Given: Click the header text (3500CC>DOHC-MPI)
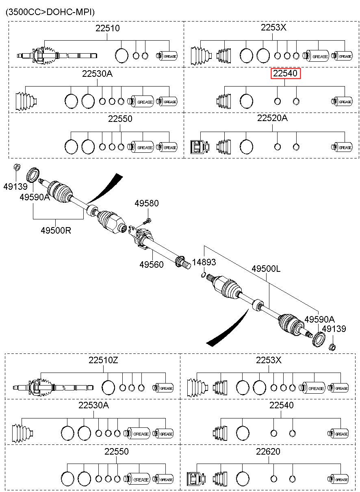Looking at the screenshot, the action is point(50,12).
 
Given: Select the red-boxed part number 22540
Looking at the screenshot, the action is point(285,74).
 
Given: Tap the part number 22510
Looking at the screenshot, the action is point(107,28).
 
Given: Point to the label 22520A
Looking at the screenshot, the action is point(272,118).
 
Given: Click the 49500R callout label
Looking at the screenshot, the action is point(56,230).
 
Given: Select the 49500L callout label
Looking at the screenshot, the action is point(266,269).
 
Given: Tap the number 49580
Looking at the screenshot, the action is point(147,203).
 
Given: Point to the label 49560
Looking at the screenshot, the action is point(151,264).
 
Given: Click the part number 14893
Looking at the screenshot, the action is point(204,262).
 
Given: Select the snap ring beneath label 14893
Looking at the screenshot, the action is point(204,275).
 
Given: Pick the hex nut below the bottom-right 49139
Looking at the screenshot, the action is point(332,347).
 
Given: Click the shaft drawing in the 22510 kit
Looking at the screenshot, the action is point(57,56).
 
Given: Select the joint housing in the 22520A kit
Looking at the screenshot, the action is point(200,147).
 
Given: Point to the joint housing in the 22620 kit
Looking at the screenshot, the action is point(196,479).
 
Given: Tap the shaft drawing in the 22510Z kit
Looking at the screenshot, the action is point(53,388).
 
